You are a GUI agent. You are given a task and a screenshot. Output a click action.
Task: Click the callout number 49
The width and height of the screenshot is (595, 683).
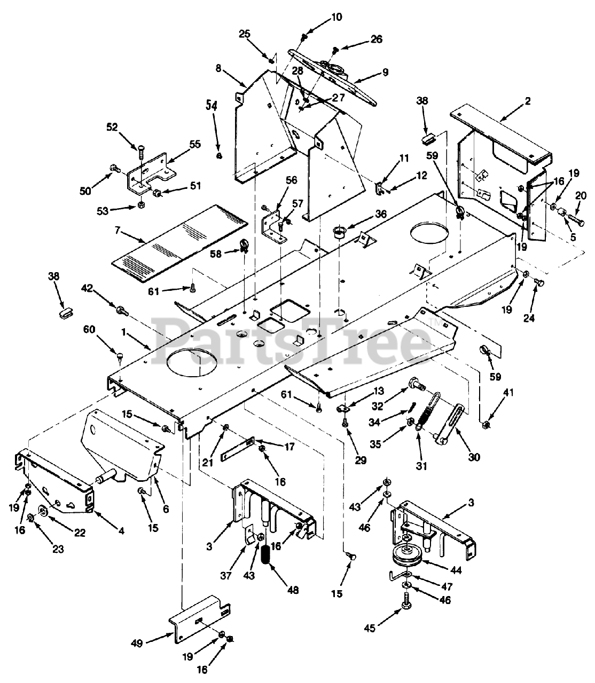point(137,644)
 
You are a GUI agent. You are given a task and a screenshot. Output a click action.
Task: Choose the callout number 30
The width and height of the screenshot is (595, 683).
point(473,457)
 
